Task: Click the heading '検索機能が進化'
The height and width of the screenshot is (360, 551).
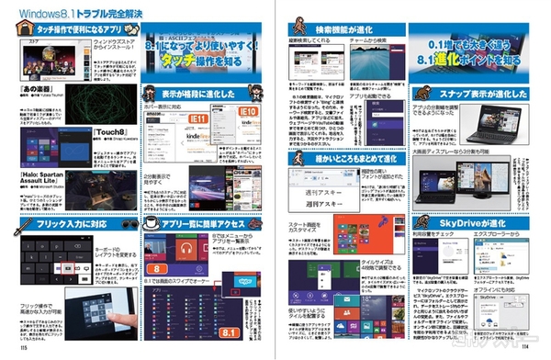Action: click(x=353, y=28)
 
